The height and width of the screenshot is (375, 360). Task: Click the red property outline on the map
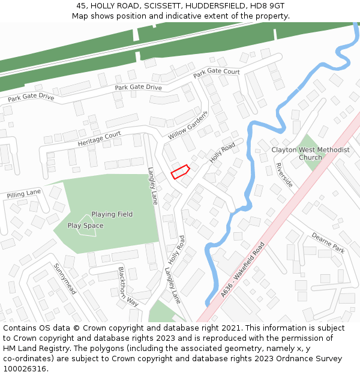(181, 172)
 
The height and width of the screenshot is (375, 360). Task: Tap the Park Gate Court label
(216, 73)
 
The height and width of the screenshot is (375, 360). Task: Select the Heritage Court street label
(99, 139)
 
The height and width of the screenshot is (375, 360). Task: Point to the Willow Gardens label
(188, 125)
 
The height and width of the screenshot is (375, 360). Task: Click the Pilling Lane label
(24, 194)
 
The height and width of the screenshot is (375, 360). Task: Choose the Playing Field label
(112, 214)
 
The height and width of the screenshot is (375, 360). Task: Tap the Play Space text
(85, 226)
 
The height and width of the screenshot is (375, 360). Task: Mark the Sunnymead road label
(65, 279)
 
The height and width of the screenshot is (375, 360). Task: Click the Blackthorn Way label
(128, 287)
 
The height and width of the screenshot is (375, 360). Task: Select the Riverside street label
(284, 174)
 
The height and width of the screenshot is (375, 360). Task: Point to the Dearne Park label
(328, 243)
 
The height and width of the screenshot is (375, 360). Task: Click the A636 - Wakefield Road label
(242, 269)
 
